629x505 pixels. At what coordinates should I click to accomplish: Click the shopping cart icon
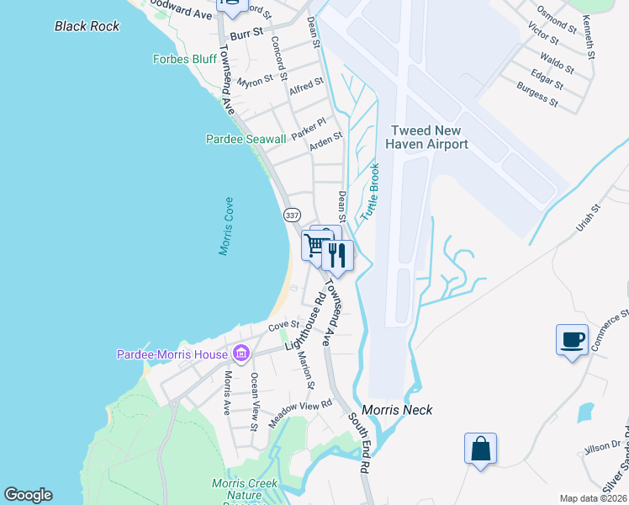(x=315, y=246)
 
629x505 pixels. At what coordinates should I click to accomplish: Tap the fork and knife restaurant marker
(x=337, y=254)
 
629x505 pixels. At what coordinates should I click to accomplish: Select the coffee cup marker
(x=572, y=340)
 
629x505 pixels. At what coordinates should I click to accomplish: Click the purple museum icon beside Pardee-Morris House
(x=241, y=353)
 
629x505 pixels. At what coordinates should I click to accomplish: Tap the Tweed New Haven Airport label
(x=426, y=137)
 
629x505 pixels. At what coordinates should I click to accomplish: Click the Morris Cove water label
(x=226, y=227)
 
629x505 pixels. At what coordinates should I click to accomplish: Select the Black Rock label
(x=87, y=26)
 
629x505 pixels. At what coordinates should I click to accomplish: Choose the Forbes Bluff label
(x=185, y=59)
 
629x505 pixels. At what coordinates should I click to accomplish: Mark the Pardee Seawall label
(x=240, y=139)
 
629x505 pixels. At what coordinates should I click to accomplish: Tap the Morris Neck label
(x=404, y=410)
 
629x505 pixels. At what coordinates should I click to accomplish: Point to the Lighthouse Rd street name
(x=305, y=321)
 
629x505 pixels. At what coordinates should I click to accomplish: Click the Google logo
(x=28, y=495)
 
